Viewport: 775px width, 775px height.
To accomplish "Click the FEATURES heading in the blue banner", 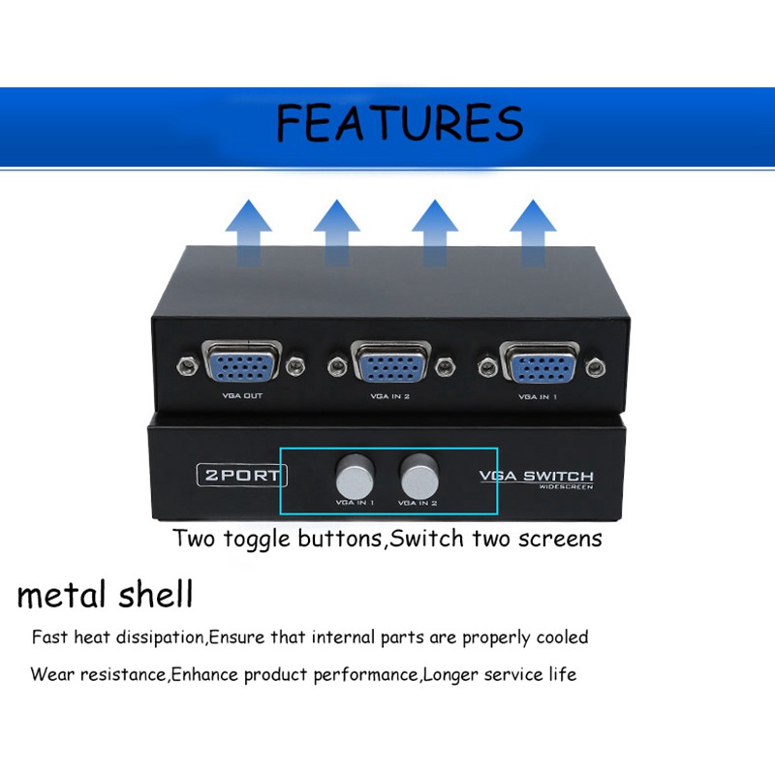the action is click(399, 123).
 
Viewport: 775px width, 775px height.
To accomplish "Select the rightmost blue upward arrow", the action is click(533, 232).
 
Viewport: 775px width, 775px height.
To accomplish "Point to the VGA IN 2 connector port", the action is click(390, 366).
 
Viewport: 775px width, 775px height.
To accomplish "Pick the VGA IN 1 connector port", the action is click(540, 366).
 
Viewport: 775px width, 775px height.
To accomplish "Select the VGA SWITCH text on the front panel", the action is click(537, 475).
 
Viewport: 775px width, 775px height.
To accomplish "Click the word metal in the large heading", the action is click(60, 594).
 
